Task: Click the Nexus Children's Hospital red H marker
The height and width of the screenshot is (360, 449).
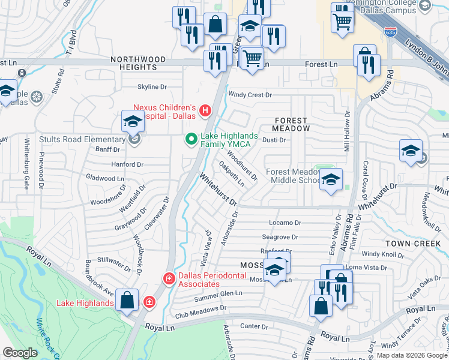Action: click(x=206, y=110)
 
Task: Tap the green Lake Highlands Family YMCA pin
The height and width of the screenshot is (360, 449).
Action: click(x=191, y=140)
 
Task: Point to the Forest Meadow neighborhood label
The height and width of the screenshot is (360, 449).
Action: click(x=291, y=124)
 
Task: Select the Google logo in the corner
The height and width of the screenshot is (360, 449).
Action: click(x=20, y=353)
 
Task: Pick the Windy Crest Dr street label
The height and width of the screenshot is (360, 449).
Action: click(x=250, y=95)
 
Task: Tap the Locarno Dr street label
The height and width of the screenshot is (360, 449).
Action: click(x=285, y=223)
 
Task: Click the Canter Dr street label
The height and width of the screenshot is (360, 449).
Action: click(x=253, y=326)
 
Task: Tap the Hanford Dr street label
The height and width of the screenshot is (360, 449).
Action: click(x=127, y=164)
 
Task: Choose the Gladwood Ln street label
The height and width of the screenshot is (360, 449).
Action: click(x=105, y=178)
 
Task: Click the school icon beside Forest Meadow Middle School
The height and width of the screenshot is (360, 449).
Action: click(x=330, y=179)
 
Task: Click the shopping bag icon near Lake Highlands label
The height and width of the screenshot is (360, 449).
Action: click(x=127, y=300)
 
